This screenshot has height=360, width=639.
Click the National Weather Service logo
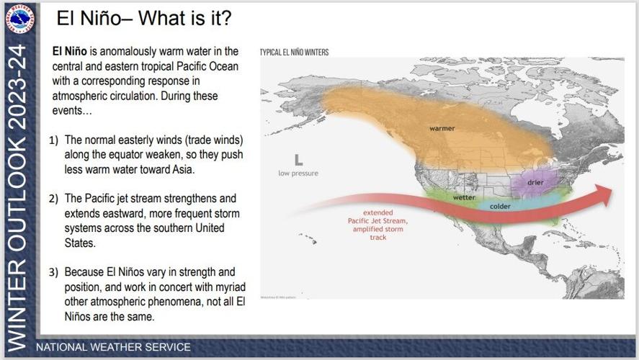pyautogui.click(x=21, y=20)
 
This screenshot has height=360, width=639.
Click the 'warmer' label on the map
pyautogui.click(x=442, y=128)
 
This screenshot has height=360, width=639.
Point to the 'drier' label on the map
pyautogui.click(x=535, y=182)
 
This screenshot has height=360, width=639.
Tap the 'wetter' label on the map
pyautogui.click(x=463, y=197)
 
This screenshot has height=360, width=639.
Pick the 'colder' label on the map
pyautogui.click(x=500, y=207)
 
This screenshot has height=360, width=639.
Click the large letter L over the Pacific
pyautogui.click(x=298, y=160)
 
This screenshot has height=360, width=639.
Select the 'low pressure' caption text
pyautogui.click(x=298, y=174)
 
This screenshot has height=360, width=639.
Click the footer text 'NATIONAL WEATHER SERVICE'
pyautogui.click(x=113, y=347)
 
